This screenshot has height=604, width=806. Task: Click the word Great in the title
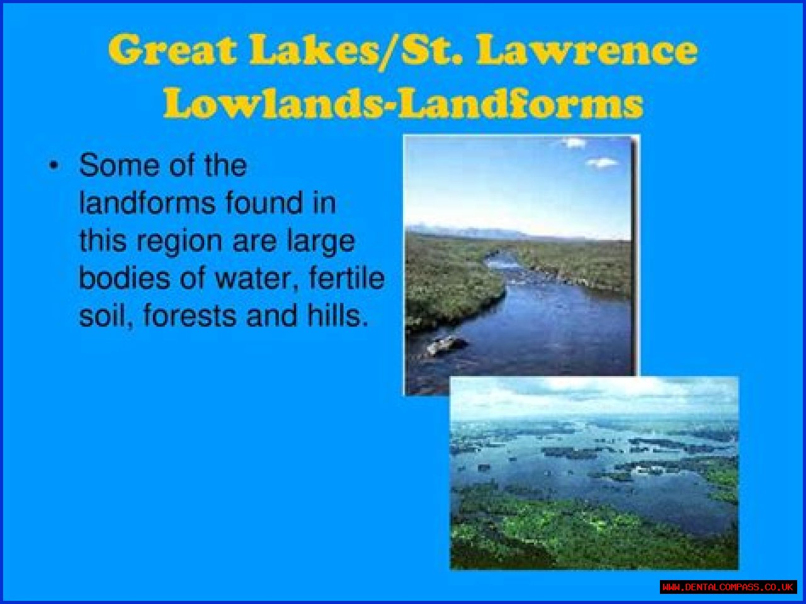(x=172, y=49)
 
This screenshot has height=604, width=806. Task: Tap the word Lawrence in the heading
(x=587, y=50)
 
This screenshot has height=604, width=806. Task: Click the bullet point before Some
(x=54, y=166)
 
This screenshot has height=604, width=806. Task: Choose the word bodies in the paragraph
(x=125, y=278)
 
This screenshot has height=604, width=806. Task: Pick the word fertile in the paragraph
(x=347, y=278)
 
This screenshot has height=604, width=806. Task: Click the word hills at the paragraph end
(x=338, y=316)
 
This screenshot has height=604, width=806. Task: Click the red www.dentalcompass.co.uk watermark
(x=728, y=587)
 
